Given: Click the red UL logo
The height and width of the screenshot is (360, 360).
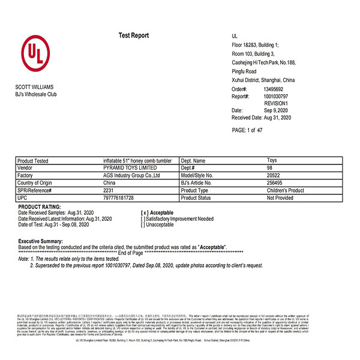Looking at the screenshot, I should coord(35,53).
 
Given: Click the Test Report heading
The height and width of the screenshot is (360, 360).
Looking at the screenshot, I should coord(133,36).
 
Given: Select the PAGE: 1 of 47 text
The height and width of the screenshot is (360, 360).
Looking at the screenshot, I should coord(247,130).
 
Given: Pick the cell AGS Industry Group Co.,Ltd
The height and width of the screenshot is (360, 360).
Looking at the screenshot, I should coord(131,176).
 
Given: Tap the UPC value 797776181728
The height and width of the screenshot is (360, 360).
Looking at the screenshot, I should coord(118,197).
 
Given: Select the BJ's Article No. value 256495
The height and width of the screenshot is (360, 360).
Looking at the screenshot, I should coord(275,183).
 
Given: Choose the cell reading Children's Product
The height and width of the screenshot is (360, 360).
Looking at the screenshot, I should coord(286,190).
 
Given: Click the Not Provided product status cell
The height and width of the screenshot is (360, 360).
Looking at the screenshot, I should coord(280,197).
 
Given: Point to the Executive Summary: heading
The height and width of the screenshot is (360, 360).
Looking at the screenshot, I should coord(41,241).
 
